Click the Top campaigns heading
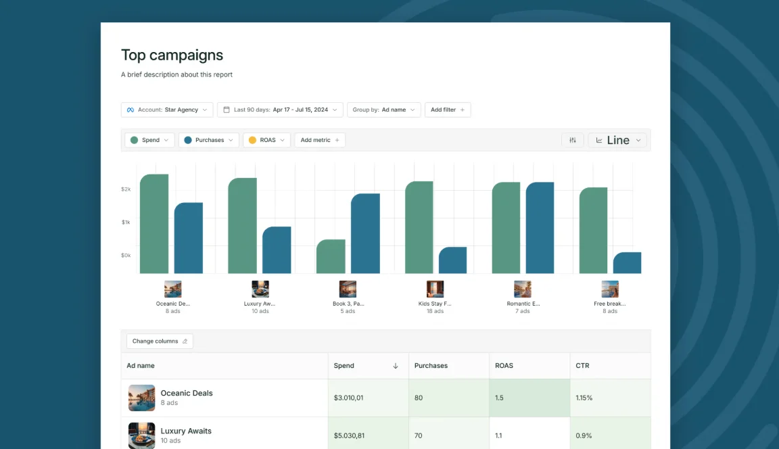pyautogui.click(x=172, y=55)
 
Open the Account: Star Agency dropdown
pyautogui.click(x=167, y=110)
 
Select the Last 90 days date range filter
pyautogui.click(x=280, y=110)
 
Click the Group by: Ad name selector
pyautogui.click(x=383, y=110)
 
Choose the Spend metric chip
pyautogui.click(x=149, y=140)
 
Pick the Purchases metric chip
pyautogui.click(x=209, y=140)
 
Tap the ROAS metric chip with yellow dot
pyautogui.click(x=266, y=140)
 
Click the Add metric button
pyautogui.click(x=320, y=140)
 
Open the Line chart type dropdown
pyautogui.click(x=617, y=140)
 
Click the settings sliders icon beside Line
pyautogui.click(x=573, y=140)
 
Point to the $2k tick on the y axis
pyautogui.click(x=126, y=189)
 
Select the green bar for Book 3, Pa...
pyautogui.click(x=331, y=257)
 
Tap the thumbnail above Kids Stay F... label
pyautogui.click(x=435, y=289)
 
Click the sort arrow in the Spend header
pyautogui.click(x=396, y=366)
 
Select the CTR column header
pyautogui.click(x=582, y=366)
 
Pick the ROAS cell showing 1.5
pyautogui.click(x=529, y=398)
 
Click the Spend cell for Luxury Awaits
pyautogui.click(x=368, y=435)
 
